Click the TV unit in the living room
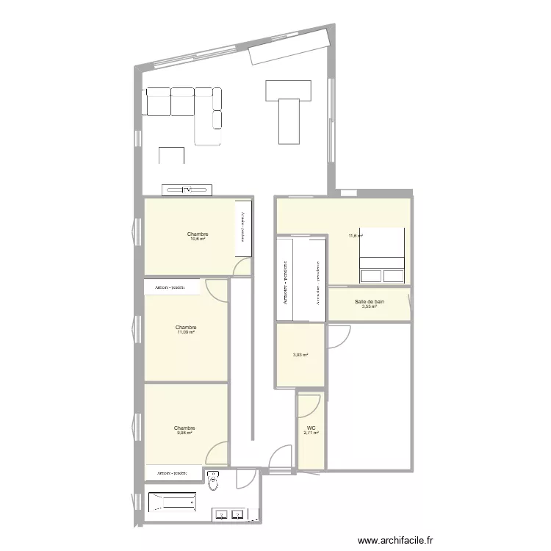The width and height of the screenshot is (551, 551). (187, 190)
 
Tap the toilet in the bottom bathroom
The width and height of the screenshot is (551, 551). (214, 481)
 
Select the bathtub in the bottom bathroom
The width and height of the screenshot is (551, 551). (173, 503)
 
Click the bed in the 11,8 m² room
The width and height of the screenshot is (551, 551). (381, 255)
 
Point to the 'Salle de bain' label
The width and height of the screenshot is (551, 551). (369, 301)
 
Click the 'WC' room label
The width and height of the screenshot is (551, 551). (310, 428)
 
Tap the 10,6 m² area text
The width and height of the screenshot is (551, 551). (198, 239)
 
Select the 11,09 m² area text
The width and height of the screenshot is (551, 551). (186, 332)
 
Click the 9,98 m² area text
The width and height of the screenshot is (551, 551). (184, 433)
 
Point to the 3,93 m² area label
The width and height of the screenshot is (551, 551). (300, 355)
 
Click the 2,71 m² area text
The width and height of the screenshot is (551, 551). (310, 434)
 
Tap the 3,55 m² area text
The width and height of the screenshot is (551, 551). (369, 306)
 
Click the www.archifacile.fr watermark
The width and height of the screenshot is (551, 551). (403, 540)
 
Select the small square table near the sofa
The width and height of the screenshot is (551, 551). (172, 156)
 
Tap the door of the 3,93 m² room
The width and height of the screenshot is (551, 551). (336, 338)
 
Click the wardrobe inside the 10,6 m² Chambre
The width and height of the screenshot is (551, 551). (243, 228)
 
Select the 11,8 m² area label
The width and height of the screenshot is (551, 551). (356, 236)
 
